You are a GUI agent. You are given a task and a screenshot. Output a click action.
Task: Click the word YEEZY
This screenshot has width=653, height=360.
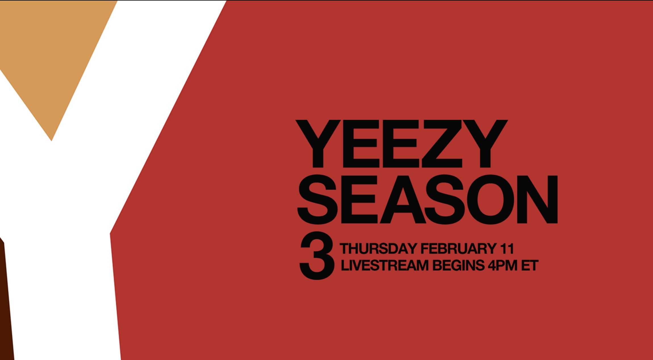401,144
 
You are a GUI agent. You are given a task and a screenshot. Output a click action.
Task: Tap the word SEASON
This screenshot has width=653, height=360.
428,199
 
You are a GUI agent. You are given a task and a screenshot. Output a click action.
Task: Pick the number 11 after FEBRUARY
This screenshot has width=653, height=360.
507,249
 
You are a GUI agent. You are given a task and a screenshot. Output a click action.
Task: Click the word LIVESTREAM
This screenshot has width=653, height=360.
384,265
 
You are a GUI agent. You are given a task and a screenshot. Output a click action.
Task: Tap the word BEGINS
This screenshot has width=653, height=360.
458,265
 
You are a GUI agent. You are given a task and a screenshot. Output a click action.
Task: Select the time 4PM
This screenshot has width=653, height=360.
503,265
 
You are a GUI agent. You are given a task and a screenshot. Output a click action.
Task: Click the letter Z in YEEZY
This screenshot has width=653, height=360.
442,144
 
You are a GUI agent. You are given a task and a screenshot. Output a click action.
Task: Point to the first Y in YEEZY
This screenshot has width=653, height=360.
318,144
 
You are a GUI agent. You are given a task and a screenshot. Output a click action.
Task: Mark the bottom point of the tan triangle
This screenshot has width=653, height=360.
51,141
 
